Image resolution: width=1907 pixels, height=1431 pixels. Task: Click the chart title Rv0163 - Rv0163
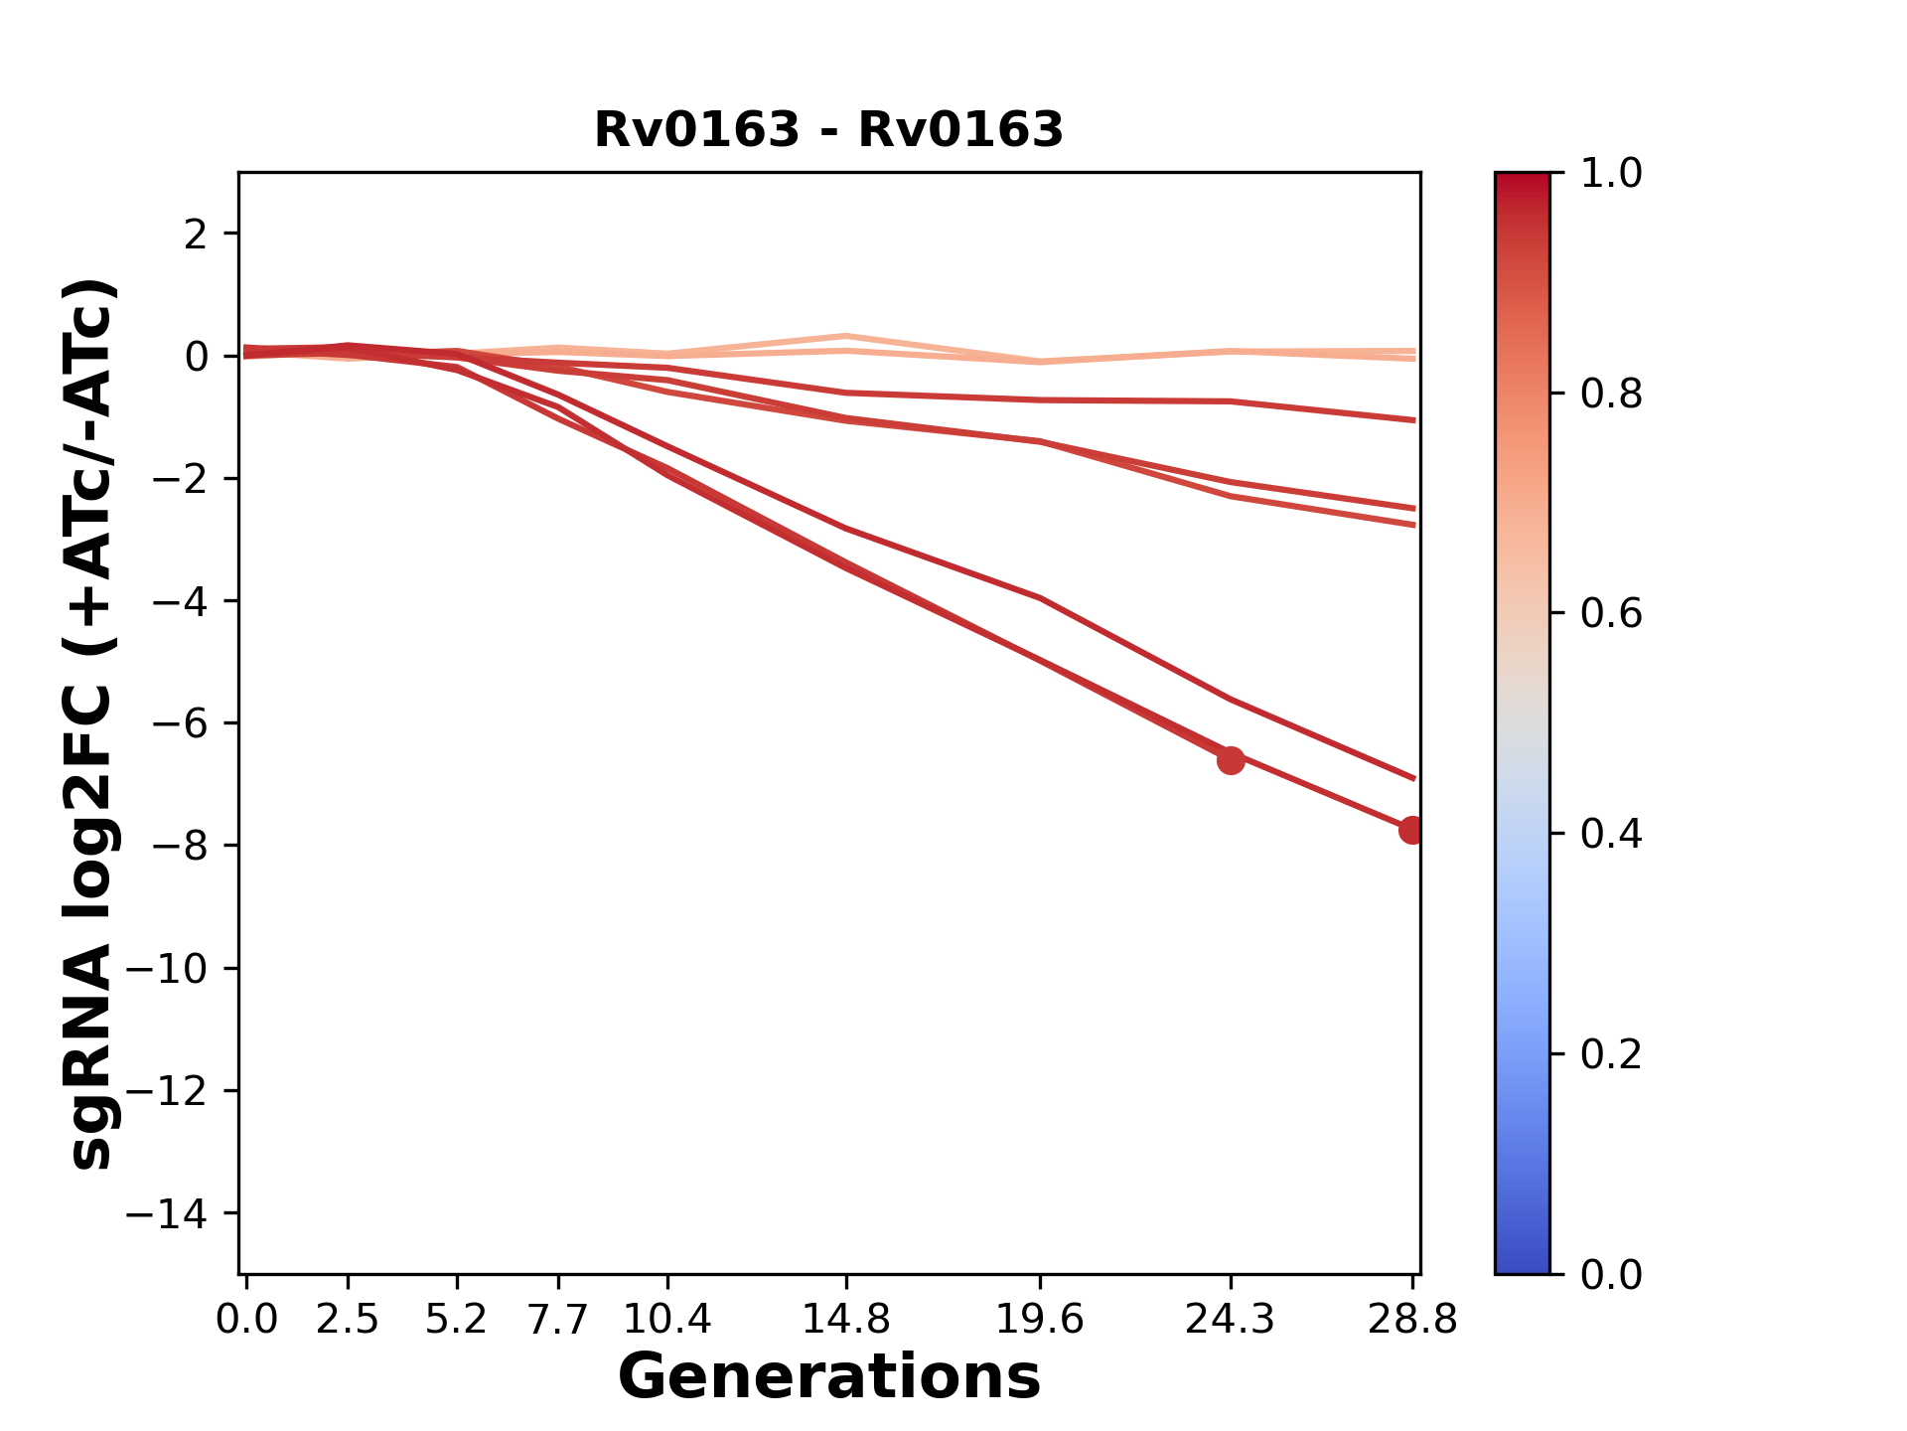(x=828, y=130)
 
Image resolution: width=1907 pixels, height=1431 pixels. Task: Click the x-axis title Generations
(x=828, y=1377)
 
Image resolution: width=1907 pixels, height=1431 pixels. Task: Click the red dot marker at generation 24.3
(x=1231, y=760)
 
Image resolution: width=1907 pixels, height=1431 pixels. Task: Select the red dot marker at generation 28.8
(x=1411, y=830)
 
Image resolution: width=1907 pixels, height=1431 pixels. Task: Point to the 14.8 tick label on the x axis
(x=845, y=1319)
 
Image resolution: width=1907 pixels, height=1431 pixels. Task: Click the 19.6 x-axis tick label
(x=1039, y=1319)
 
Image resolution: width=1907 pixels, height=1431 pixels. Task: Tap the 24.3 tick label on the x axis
(x=1231, y=1319)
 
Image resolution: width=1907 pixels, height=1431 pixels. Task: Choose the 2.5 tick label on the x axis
(x=348, y=1319)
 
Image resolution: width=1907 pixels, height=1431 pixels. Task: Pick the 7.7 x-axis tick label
(x=558, y=1319)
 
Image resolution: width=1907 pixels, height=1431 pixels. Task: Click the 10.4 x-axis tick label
(x=667, y=1319)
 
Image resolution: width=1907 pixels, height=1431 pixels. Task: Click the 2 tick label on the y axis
(x=196, y=234)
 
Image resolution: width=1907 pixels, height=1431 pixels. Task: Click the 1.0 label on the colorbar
(x=1611, y=174)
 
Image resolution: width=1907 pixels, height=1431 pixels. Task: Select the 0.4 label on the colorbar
(x=1611, y=834)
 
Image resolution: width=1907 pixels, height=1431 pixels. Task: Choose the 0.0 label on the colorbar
(x=1611, y=1274)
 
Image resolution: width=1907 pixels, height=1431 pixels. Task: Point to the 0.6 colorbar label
(x=1611, y=613)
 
